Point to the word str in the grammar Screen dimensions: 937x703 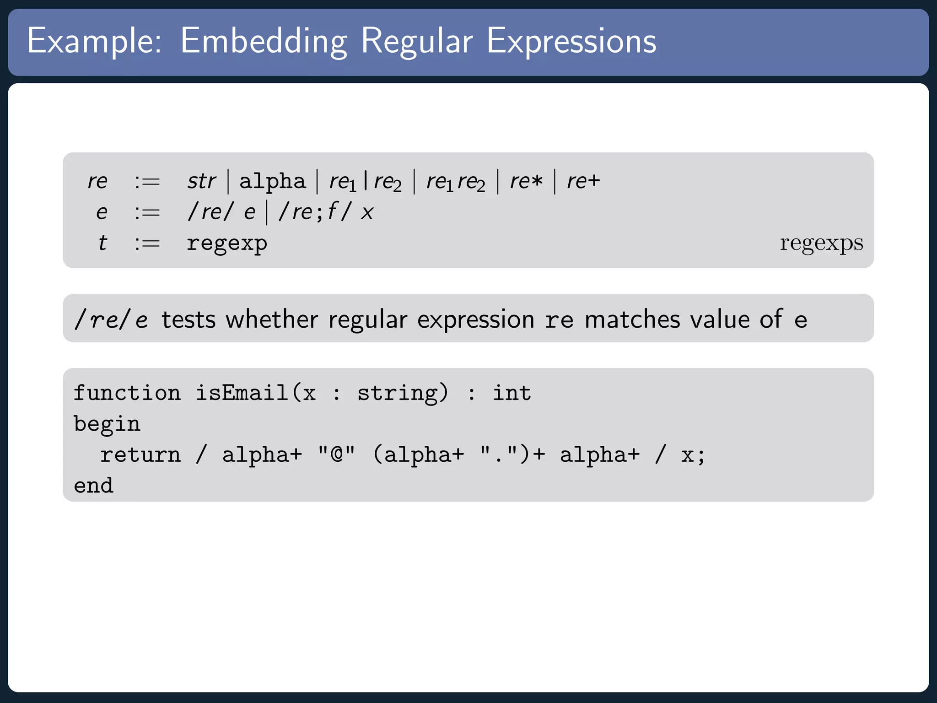pos(201,181)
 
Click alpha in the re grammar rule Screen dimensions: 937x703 pos(272,181)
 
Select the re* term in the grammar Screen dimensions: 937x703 pos(526,181)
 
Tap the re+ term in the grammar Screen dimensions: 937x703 pos(583,181)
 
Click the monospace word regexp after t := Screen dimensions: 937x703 pos(227,243)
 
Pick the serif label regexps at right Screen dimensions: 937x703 pos(821,243)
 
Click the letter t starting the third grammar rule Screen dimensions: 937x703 pos(102,243)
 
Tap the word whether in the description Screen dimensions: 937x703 pos(272,319)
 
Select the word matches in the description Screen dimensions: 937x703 pos(632,319)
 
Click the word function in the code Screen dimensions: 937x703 pos(127,393)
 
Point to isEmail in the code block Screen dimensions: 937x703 pos(242,393)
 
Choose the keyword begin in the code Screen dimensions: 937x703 pos(107,424)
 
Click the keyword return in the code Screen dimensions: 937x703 pos(141,455)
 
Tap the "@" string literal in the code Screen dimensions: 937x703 pos(337,454)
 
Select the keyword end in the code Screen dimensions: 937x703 pos(94,486)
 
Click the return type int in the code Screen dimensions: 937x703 pos(512,393)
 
